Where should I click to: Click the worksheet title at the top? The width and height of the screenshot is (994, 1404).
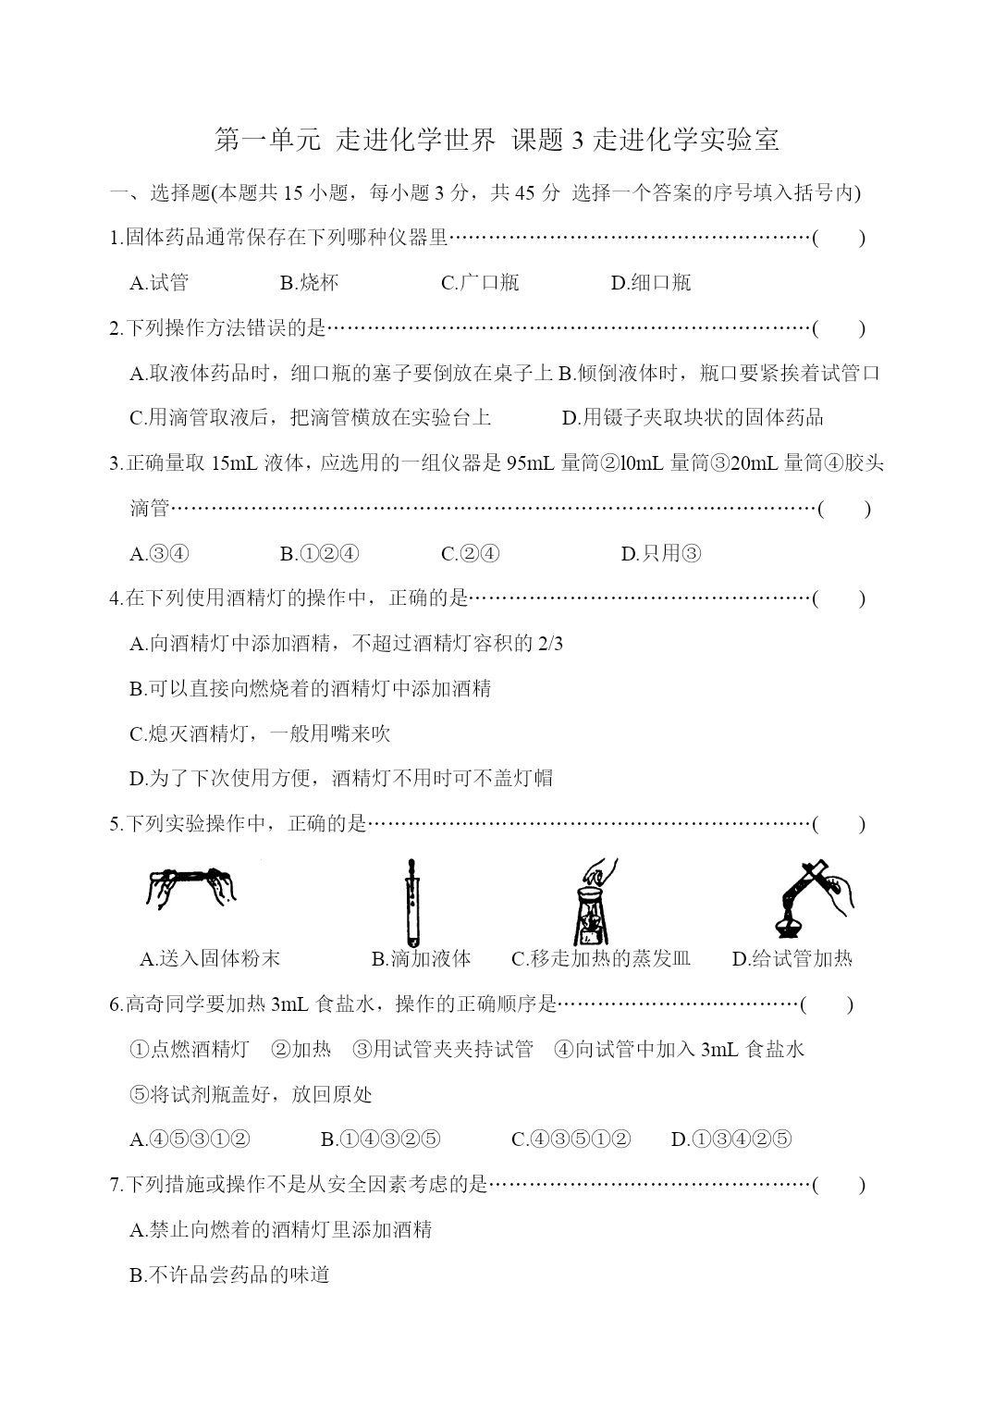pos(497,140)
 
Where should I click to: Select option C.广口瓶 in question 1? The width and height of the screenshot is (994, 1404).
pos(480,282)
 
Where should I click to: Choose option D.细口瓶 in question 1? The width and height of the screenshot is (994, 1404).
pos(651,282)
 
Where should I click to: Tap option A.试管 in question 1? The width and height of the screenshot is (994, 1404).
pos(159,282)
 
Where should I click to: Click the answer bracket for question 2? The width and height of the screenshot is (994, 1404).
pos(839,327)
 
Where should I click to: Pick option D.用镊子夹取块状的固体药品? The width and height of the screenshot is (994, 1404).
pos(693,417)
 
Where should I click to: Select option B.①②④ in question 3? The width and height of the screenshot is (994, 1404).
pos(320,553)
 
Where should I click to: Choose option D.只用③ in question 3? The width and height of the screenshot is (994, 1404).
pos(661,553)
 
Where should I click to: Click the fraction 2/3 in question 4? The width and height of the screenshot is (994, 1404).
pos(549,644)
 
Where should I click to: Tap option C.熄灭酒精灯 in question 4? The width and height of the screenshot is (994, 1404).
pos(260,733)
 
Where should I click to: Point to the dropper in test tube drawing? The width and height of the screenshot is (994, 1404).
pos(411,902)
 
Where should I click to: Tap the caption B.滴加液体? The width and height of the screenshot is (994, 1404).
pos(421,958)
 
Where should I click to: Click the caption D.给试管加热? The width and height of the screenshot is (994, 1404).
pos(792,958)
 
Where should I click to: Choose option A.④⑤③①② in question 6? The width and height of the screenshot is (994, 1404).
pos(190,1139)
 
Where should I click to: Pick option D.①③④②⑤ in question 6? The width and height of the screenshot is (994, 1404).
pos(731,1139)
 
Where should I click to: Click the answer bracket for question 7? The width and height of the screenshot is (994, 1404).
pos(839,1184)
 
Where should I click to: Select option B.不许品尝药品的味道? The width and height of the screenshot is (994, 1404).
pos(230,1275)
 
